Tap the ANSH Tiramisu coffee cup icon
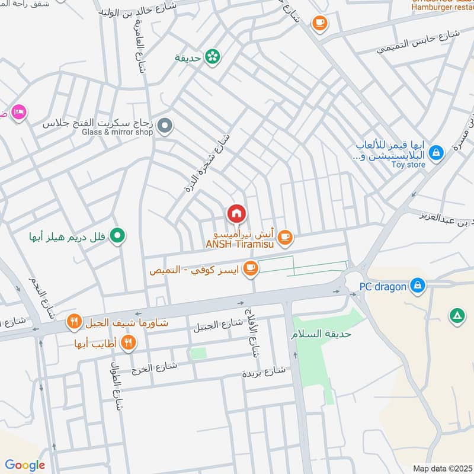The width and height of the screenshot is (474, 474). pyautogui.click(x=285, y=237)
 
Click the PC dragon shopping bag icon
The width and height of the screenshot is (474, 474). pyautogui.click(x=418, y=286)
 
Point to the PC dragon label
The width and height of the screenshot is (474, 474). pyautogui.click(x=383, y=287)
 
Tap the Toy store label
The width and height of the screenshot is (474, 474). pyautogui.click(x=408, y=165)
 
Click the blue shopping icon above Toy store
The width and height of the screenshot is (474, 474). pyautogui.click(x=436, y=153)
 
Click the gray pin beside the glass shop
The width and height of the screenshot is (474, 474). pyautogui.click(x=166, y=126)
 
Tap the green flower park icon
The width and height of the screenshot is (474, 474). pyautogui.click(x=212, y=57)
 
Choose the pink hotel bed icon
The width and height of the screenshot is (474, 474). pyautogui.click(x=19, y=112)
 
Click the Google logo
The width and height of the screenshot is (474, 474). pyautogui.click(x=25, y=465)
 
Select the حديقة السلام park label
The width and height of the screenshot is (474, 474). pyautogui.click(x=321, y=334)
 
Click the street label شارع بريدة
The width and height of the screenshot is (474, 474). pyautogui.click(x=264, y=372)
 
